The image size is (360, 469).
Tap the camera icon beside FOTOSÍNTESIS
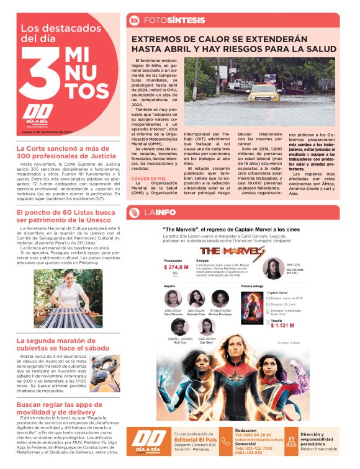tap(133, 20)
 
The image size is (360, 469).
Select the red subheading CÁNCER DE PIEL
tap(148, 178)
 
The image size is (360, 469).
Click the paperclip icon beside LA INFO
tap(133, 213)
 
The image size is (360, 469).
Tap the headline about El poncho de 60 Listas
tap(65, 217)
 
